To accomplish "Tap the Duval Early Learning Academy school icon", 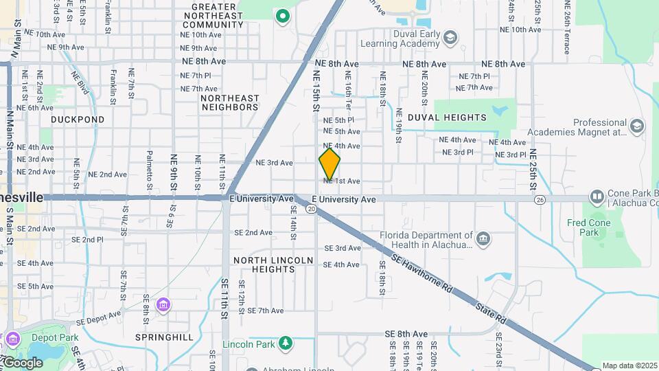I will pos(450,36).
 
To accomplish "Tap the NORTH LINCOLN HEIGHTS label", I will pos(273,265).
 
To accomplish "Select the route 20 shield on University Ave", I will pos(312,209).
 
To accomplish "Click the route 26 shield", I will pos(540,200).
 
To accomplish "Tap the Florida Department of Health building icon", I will pos(484,238).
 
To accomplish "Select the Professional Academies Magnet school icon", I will pos(637,126).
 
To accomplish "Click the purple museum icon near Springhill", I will pos(163,305).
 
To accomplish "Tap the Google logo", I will pos(23,362).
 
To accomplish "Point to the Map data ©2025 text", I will pos(629,366).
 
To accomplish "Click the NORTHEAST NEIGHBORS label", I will pos(230,102).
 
